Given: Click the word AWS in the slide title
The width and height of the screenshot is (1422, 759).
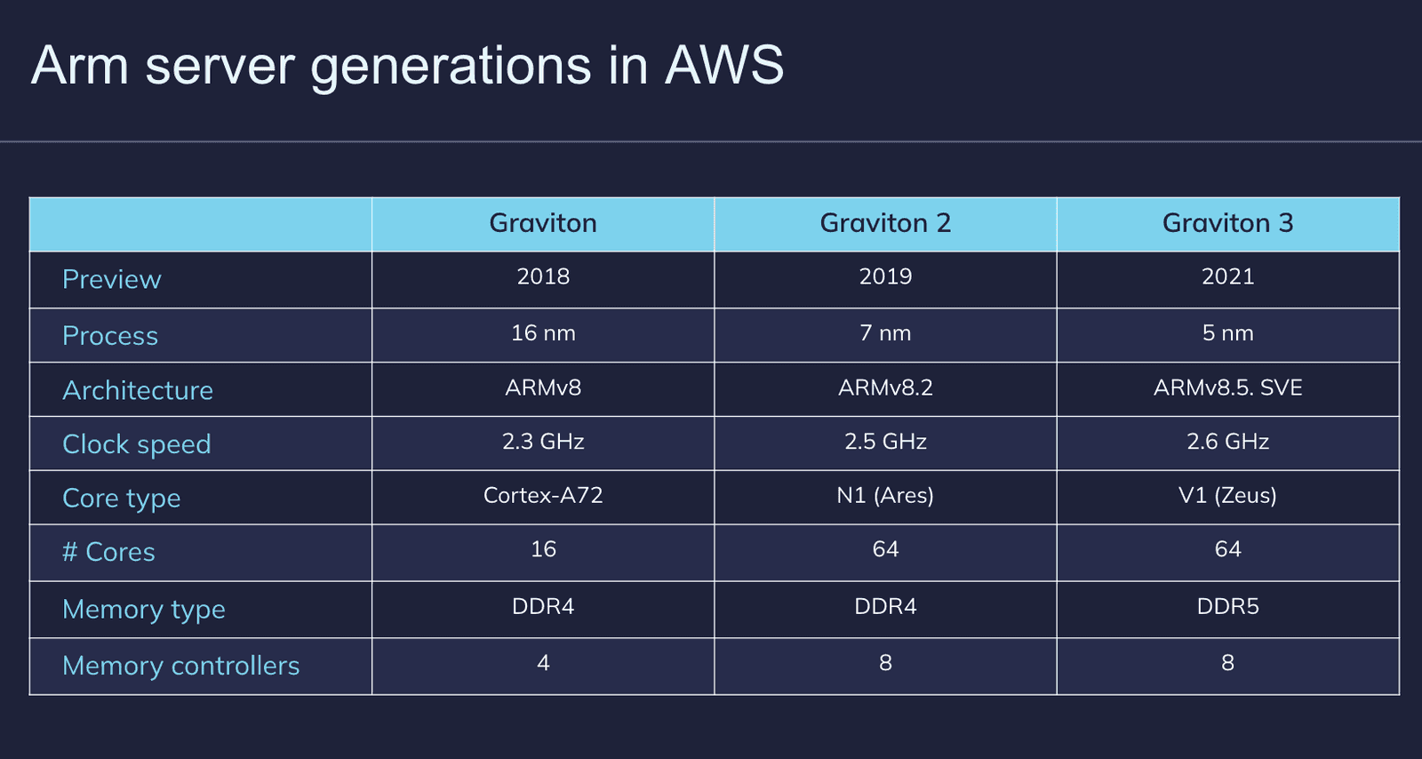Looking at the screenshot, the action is (724, 65).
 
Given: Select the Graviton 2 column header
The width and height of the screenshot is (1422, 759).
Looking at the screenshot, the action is (885, 223).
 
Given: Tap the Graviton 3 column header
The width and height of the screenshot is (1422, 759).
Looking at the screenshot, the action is (1227, 223).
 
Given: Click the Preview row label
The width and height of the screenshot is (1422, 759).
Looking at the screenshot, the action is (112, 279).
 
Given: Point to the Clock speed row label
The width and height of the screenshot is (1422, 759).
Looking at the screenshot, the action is (137, 444).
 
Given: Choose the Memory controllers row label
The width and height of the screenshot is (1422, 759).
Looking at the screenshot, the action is (181, 666).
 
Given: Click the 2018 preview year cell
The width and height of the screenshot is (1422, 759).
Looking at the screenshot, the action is (543, 276).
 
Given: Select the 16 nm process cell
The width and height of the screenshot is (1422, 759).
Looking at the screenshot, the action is (543, 332).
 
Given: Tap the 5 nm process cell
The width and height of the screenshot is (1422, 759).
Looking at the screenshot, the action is (1227, 332).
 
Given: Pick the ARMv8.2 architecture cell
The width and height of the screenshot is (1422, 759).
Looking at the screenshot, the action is (885, 387).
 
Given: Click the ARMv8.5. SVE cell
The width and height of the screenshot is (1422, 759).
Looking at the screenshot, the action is (1227, 387).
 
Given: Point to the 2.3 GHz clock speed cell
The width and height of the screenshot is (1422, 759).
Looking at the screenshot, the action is (543, 441).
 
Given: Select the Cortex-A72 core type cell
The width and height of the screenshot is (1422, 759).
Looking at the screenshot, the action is (543, 495).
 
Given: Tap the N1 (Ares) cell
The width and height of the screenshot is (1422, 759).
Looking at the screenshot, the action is (885, 495).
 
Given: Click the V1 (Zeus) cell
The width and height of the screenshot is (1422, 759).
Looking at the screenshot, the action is (1227, 495).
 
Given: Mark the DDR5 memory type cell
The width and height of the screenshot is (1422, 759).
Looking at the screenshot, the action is (1227, 607).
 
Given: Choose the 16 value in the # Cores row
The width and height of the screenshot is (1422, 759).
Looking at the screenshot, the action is (543, 549).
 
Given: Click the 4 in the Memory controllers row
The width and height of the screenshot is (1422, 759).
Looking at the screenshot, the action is (543, 663).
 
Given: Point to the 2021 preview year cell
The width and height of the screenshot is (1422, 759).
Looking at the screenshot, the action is (1227, 276).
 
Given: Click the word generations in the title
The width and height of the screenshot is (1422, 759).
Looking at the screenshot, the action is (451, 68).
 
